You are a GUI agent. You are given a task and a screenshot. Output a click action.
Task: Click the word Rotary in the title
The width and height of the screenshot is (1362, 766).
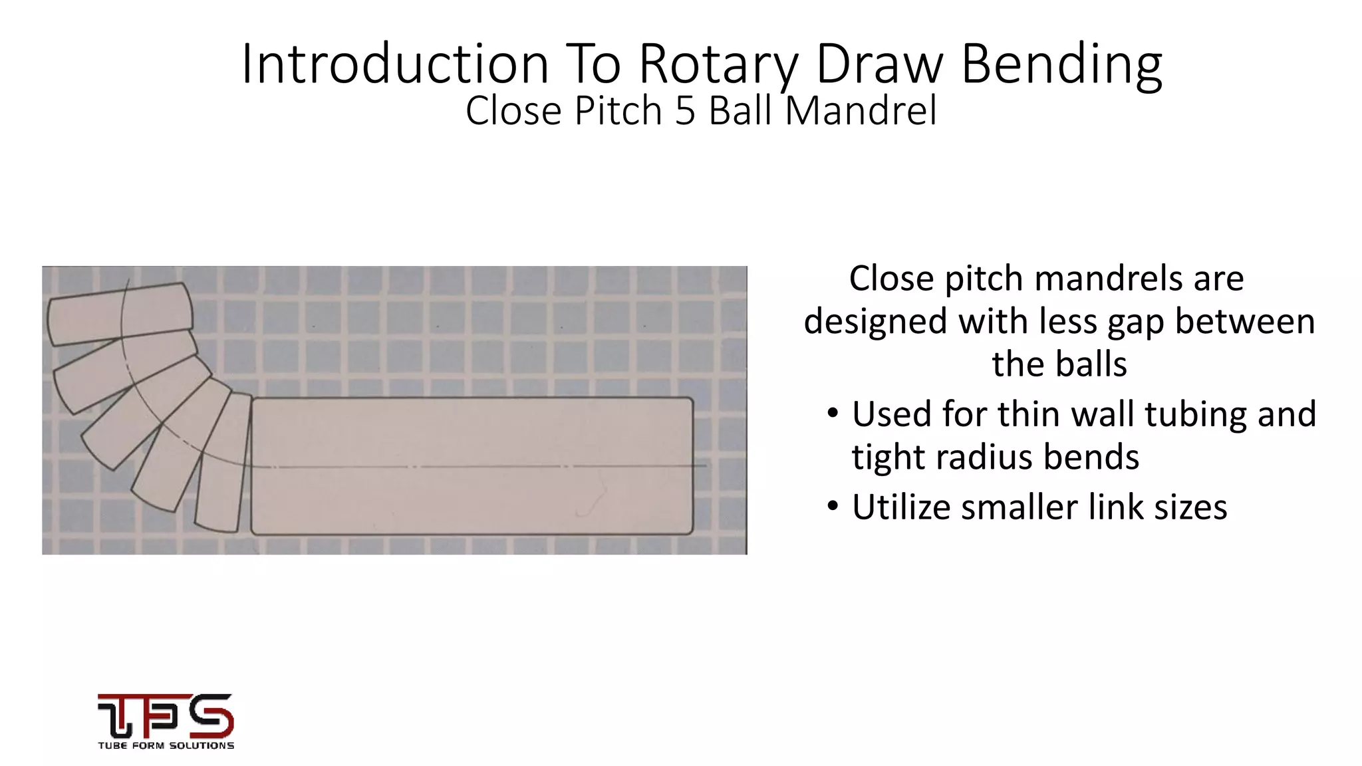tap(718, 64)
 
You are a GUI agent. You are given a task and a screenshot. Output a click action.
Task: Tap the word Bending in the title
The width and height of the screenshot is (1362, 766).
tap(1061, 64)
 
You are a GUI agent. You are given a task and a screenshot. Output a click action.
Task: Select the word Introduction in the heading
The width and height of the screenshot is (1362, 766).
tap(395, 64)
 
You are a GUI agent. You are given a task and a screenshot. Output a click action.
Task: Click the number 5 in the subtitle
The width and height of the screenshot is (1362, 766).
tap(685, 110)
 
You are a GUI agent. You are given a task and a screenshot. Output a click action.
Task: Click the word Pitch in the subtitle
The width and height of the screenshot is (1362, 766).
tap(618, 110)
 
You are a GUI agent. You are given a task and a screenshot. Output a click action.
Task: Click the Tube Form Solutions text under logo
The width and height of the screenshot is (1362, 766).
tap(166, 745)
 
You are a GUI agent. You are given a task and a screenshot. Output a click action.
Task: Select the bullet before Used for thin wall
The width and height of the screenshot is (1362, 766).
tap(833, 414)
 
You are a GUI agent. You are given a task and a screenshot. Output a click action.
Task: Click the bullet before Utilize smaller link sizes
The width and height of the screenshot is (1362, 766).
tap(833, 507)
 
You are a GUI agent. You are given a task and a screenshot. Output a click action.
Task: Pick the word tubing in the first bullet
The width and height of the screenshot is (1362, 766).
tap(1186, 414)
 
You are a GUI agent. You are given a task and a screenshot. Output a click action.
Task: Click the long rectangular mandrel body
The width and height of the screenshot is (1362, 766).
tap(472, 465)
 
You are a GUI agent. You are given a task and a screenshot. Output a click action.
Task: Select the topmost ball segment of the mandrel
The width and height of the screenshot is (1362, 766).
tap(120, 313)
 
